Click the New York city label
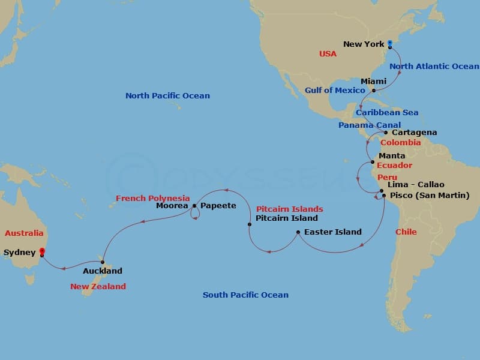pos(364,44)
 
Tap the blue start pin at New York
pos(390,43)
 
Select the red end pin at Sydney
pos(41,251)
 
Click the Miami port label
pos(373,81)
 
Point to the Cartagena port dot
pos(386,133)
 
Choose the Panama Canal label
pos(369,125)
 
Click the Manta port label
pos(392,155)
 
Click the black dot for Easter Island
pos(298,232)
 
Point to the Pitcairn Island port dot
pos(250,224)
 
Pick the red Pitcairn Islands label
pos(289,209)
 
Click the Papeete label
pos(218,205)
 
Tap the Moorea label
pos(172,205)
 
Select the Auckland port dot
pos(103,262)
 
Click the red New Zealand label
pos(98,286)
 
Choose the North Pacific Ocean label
pos(167,95)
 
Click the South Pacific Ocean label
pos(245,295)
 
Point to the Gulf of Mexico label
pos(335,90)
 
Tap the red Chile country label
pos(406,232)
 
